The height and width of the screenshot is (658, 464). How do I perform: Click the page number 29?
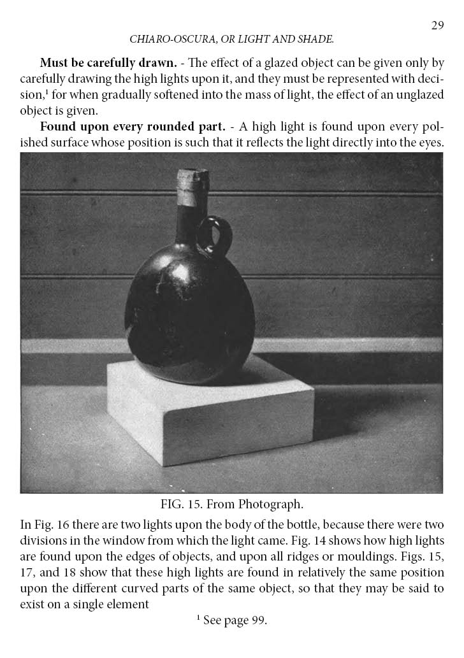coord(437,25)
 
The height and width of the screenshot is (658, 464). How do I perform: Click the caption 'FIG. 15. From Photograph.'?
coord(231,504)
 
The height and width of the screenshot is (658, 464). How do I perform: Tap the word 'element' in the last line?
coord(129,602)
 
